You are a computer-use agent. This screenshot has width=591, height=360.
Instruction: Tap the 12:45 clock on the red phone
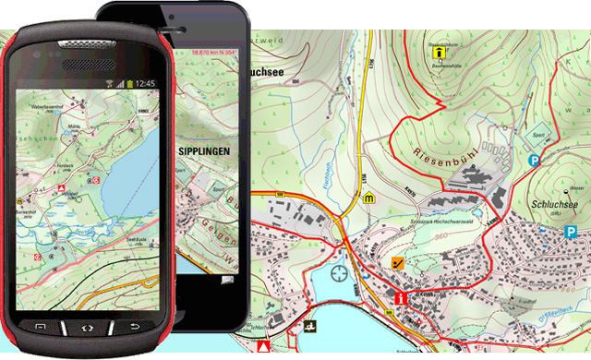(144, 83)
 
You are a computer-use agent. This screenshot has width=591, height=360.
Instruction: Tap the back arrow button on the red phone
(135, 328)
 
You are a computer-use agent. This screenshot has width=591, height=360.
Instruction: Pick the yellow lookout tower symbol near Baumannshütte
(437, 54)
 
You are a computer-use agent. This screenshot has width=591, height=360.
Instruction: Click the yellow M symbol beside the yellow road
(370, 198)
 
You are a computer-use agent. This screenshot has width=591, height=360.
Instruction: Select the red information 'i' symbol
(399, 298)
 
